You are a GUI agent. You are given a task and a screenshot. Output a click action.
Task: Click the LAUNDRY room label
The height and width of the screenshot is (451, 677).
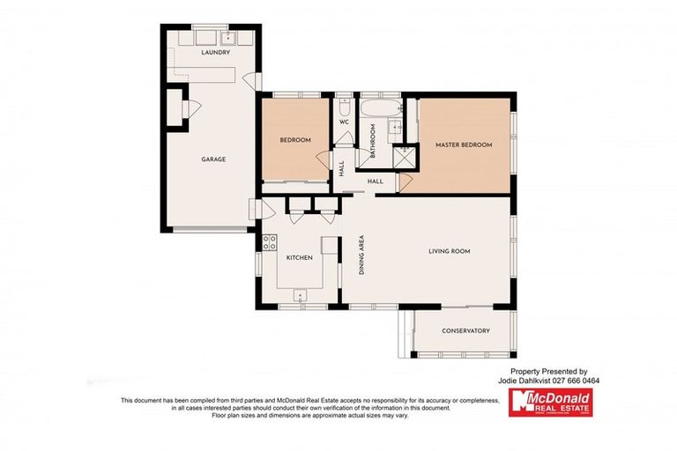(x=215, y=54)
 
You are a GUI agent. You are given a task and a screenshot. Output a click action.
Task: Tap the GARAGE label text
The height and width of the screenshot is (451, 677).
(x=213, y=159)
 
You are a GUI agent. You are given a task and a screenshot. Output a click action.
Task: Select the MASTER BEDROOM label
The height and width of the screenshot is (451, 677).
(x=464, y=144)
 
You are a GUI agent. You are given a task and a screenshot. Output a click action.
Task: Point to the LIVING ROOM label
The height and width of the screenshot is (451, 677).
(x=450, y=252)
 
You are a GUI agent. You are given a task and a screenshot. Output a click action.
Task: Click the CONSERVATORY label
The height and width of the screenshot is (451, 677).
(x=465, y=331)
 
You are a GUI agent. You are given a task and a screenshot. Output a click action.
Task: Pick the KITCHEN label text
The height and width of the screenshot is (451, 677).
(x=300, y=257)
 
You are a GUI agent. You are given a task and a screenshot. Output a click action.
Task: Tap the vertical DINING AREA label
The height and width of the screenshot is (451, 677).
(x=361, y=256)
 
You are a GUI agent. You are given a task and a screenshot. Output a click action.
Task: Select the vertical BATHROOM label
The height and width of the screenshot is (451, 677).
(x=373, y=139)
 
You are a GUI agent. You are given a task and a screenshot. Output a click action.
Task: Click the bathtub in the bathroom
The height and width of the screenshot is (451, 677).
(x=378, y=109)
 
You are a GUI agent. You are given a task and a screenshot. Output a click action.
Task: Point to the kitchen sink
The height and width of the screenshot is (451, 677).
(x=301, y=295)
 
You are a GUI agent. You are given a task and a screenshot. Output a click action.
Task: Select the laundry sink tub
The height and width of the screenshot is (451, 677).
(x=228, y=38)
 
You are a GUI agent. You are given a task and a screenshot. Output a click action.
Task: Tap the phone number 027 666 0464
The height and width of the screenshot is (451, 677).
(x=577, y=381)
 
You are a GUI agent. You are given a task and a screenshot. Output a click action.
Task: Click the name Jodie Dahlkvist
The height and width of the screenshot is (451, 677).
(x=532, y=381)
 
